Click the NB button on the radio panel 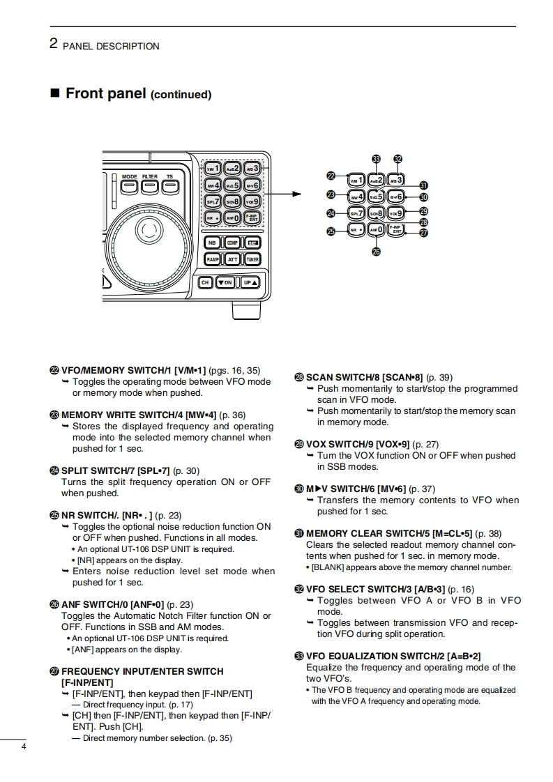click(213, 243)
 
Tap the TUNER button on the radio click(252, 259)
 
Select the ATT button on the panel click(232, 259)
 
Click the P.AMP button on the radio click(213, 259)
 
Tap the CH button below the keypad click(205, 282)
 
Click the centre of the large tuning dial click(147, 228)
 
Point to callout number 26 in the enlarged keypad click(377, 252)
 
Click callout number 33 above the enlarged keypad click(377, 160)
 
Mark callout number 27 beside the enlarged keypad click(423, 233)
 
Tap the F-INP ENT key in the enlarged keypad click(396, 229)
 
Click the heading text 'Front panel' click(105, 93)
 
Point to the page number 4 click(24, 747)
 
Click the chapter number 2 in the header click(53, 44)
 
